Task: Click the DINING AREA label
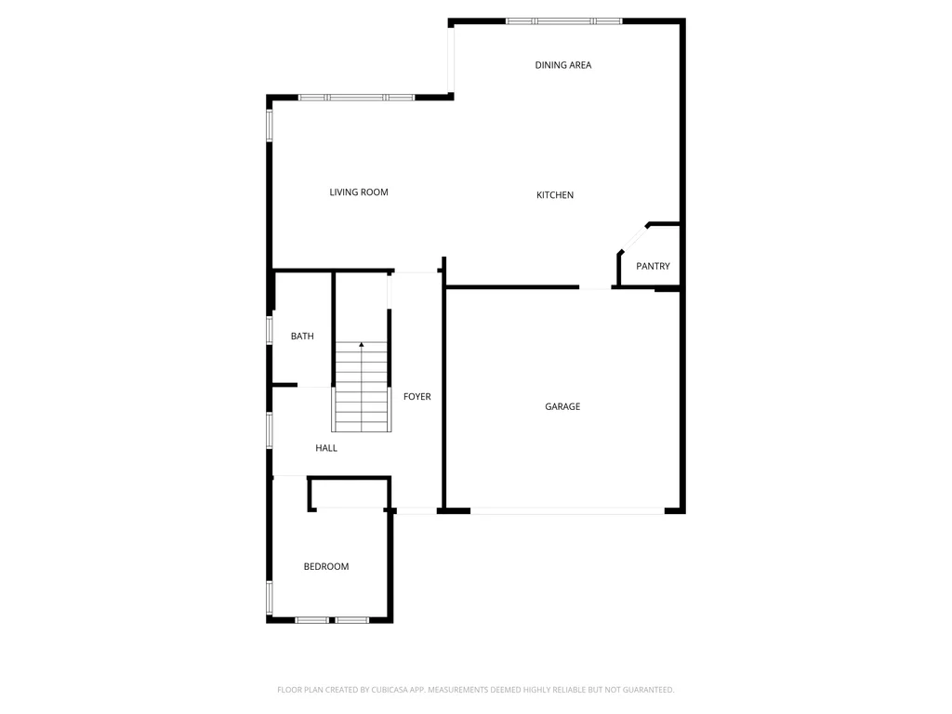click(562, 65)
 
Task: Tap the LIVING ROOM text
click(359, 192)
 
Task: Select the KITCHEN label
click(555, 195)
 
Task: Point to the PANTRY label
click(653, 266)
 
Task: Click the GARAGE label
click(562, 406)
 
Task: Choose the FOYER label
click(417, 396)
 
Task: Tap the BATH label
click(302, 336)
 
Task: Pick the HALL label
click(326, 448)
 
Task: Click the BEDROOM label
click(326, 566)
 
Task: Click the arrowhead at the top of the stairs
click(362, 345)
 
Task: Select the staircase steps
click(362, 387)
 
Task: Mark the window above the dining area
click(564, 21)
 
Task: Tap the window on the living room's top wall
click(356, 97)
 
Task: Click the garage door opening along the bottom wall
click(568, 511)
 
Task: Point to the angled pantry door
click(633, 237)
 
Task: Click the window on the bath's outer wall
click(270, 330)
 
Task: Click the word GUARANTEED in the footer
click(649, 690)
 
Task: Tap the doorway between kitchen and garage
click(595, 287)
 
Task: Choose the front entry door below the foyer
click(416, 511)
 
